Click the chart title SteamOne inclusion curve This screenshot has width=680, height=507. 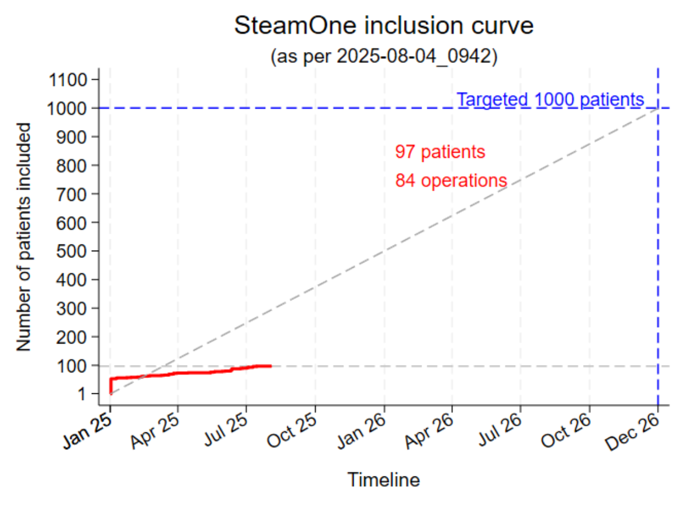[x=384, y=26]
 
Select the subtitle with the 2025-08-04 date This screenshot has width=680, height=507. [x=384, y=57]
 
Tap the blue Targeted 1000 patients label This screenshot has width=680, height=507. [x=550, y=100]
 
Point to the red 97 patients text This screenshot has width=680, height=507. [x=440, y=152]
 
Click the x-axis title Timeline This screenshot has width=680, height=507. [x=384, y=480]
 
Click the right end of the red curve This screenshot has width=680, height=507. [x=271, y=366]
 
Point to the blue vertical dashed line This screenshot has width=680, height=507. [x=658, y=255]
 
